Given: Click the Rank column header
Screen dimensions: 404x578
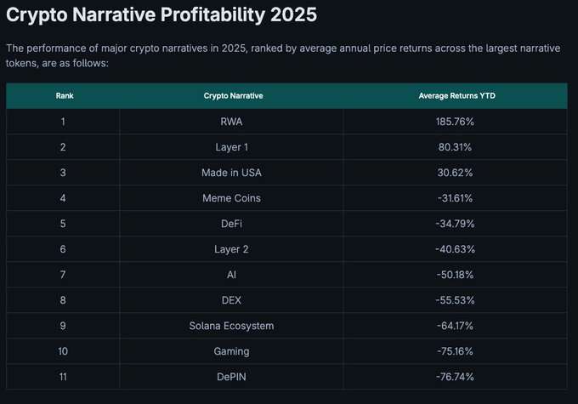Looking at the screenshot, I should [64, 96].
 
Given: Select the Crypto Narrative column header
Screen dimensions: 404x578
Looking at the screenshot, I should [232, 96].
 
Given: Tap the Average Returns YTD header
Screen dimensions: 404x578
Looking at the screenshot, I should [456, 96].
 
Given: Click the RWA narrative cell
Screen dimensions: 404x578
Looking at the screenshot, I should [232, 122].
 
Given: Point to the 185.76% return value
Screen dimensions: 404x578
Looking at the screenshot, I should [456, 122].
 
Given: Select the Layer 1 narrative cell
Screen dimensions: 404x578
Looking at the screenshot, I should [232, 147].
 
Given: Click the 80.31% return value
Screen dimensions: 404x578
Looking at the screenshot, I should [456, 147].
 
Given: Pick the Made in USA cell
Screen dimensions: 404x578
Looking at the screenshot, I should [232, 173].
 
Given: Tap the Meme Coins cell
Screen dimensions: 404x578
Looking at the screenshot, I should [232, 198].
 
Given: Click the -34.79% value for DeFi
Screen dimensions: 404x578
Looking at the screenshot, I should [456, 224].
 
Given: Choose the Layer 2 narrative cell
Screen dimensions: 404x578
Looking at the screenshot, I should [232, 249].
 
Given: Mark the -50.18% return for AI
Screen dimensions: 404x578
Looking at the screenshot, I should [456, 275].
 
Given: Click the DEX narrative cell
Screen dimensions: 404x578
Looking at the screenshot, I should [232, 300].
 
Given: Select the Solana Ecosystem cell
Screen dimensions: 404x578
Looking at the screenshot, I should [232, 326].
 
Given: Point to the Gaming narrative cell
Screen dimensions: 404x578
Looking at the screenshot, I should [232, 351].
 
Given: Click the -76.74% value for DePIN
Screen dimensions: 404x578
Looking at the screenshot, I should [456, 377].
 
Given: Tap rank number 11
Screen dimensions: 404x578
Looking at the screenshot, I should [64, 377].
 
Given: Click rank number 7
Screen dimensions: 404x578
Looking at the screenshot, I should [64, 275].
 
